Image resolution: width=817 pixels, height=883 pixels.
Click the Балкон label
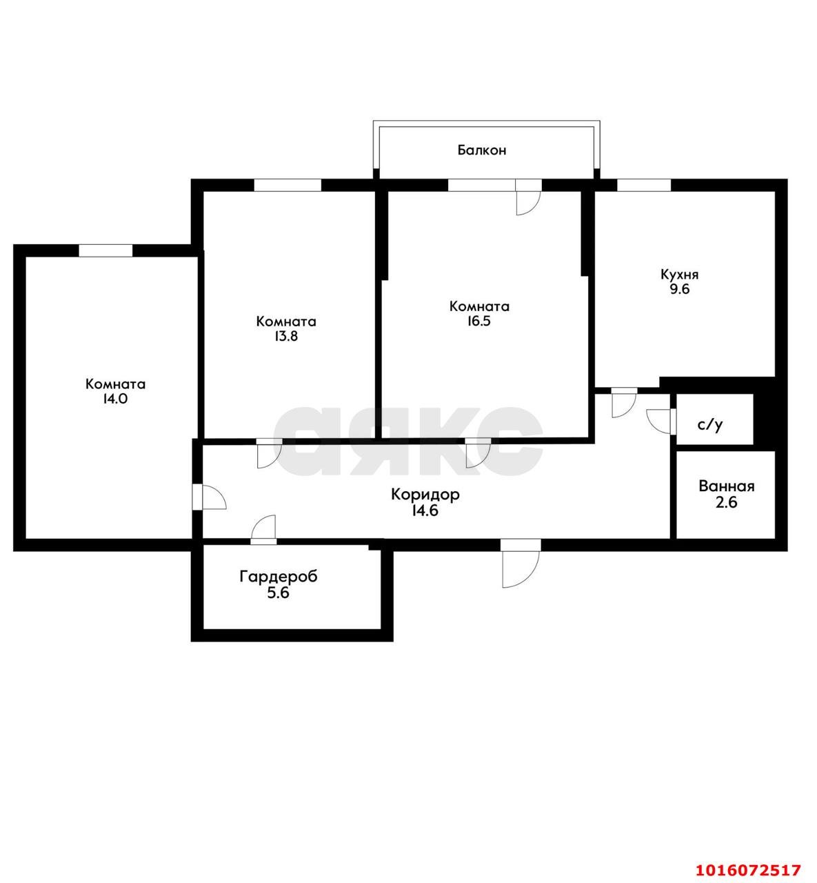pyautogui.click(x=482, y=150)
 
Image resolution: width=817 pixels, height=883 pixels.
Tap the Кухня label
pyautogui.click(x=680, y=275)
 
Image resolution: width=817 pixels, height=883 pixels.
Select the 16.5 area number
pyautogui.click(x=478, y=321)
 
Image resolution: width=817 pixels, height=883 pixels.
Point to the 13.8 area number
pyautogui.click(x=286, y=336)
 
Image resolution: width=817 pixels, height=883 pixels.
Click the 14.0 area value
pyautogui.click(x=115, y=399)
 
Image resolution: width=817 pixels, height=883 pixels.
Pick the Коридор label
pyautogui.click(x=425, y=495)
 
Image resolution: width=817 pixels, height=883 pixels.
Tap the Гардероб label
pyautogui.click(x=279, y=577)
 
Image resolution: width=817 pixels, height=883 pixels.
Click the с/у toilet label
pyautogui.click(x=710, y=425)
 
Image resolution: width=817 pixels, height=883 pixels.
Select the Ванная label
pyautogui.click(x=727, y=486)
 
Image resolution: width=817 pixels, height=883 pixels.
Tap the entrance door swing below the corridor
pyautogui.click(x=521, y=564)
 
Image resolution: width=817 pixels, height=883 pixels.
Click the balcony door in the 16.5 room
pyautogui.click(x=528, y=197)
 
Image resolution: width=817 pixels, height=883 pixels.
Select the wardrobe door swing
pyautogui.click(x=263, y=530)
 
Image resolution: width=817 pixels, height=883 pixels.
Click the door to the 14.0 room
pyautogui.click(x=210, y=497)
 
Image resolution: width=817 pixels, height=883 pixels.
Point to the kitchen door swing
pyautogui.click(x=624, y=403)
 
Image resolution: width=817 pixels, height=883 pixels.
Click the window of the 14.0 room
pyautogui.click(x=105, y=251)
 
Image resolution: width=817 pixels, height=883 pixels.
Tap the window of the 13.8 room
pyautogui.click(x=288, y=186)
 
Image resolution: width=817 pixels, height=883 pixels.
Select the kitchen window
pyautogui.click(x=644, y=186)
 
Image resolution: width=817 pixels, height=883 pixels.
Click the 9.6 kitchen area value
pyautogui.click(x=680, y=290)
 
